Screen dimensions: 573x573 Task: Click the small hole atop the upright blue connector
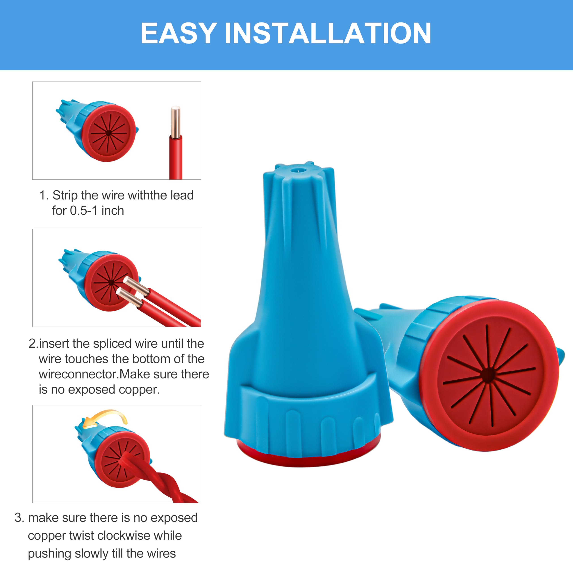coord(296,171)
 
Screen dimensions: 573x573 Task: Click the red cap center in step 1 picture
coord(108,133)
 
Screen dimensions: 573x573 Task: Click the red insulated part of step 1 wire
coord(175,157)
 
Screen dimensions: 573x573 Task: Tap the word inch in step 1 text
coord(113,211)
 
